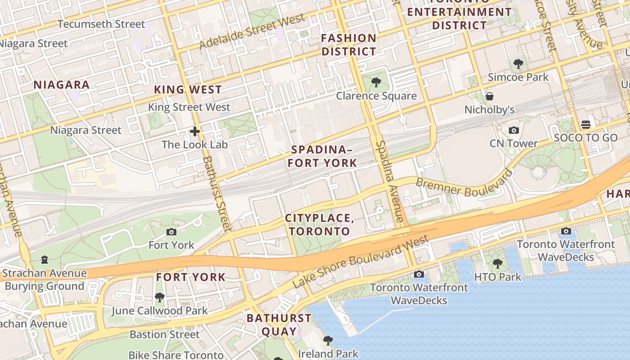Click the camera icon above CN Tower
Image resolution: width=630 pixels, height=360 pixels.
click(x=513, y=130)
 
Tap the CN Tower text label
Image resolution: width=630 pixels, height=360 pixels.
click(x=513, y=144)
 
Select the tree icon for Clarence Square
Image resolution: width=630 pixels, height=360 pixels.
click(x=376, y=83)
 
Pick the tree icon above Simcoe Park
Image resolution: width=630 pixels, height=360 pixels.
click(x=518, y=64)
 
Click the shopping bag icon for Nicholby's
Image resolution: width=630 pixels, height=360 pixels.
click(x=490, y=96)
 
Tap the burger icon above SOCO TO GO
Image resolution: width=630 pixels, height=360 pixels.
click(x=585, y=124)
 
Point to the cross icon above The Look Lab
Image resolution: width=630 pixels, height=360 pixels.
click(x=194, y=131)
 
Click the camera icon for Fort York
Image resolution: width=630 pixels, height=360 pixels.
click(x=171, y=232)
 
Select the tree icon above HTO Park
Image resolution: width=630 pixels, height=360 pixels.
click(x=497, y=264)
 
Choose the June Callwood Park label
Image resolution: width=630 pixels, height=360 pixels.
click(x=159, y=310)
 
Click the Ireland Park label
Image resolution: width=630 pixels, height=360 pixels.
click(x=328, y=353)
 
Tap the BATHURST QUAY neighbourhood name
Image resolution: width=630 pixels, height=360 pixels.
click(x=279, y=325)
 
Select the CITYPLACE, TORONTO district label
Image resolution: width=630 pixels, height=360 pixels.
click(x=319, y=225)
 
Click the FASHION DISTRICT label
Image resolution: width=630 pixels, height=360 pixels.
click(x=348, y=45)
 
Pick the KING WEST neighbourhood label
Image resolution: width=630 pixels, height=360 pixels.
click(x=188, y=90)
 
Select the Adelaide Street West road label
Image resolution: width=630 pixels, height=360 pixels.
click(x=252, y=32)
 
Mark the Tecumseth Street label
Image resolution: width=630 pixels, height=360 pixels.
click(x=101, y=24)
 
